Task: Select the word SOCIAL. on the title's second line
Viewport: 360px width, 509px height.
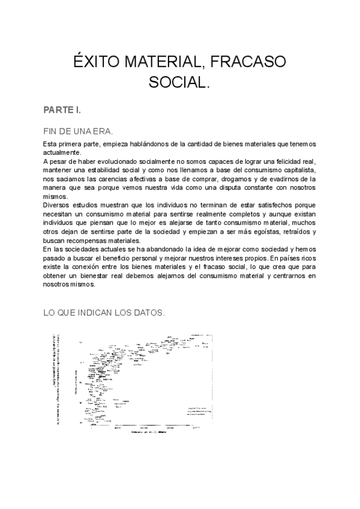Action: click(x=179, y=82)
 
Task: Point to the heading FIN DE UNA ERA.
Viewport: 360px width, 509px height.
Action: click(x=78, y=131)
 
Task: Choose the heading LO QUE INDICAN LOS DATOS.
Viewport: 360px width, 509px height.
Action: click(x=104, y=313)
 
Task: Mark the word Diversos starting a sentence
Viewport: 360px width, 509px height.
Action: click(x=59, y=205)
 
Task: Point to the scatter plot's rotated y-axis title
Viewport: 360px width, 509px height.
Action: click(x=58, y=379)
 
